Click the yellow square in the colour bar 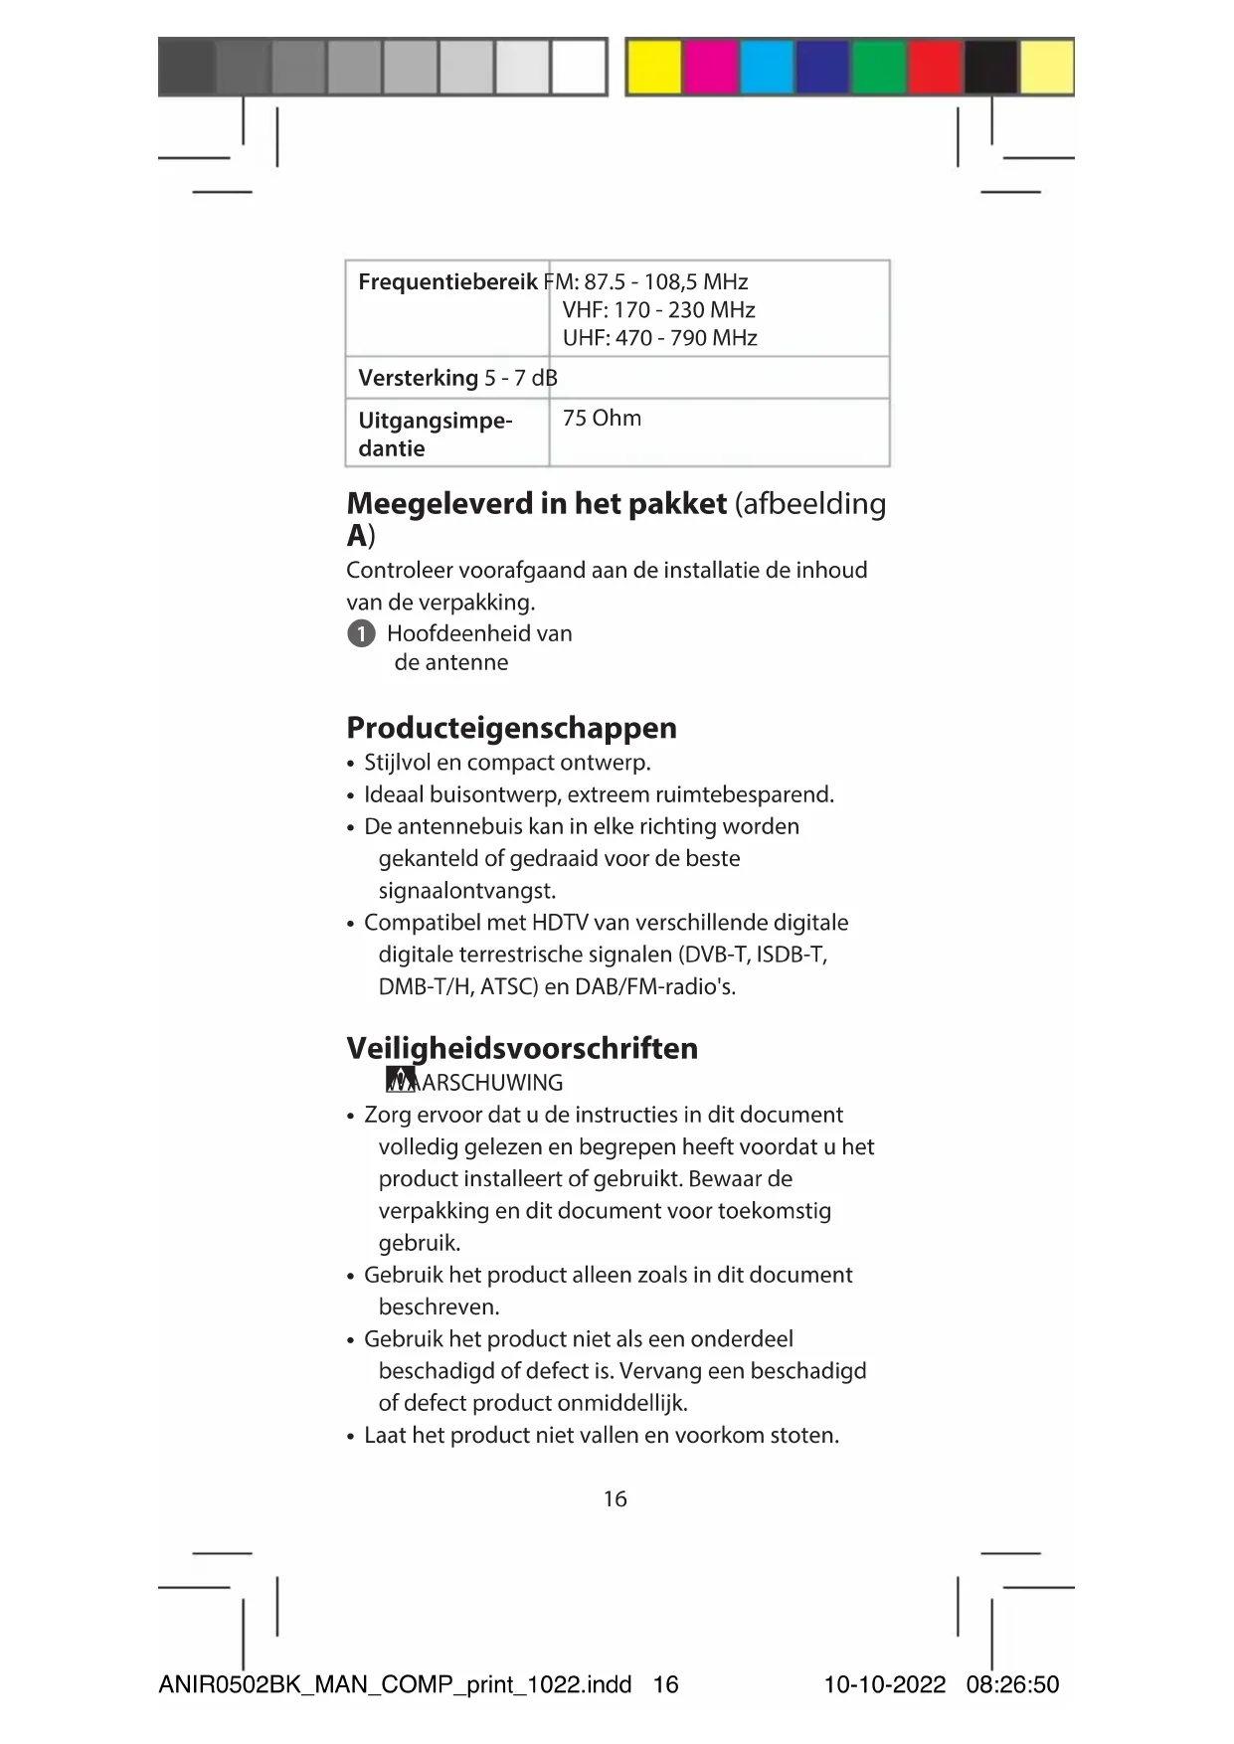point(653,68)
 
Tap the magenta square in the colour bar point(710,68)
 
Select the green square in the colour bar point(878,68)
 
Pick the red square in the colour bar point(934,68)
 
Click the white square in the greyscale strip point(578,68)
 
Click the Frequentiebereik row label point(447,282)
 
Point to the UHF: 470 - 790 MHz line point(659,338)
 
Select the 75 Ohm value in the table point(602,419)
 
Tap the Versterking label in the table point(418,379)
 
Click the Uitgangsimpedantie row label point(435,435)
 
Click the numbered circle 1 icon point(361,633)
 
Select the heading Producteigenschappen point(511,728)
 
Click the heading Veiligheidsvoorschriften point(522,1048)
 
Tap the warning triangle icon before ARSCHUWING point(401,1081)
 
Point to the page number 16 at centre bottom point(615,1498)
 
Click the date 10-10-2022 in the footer point(884,1684)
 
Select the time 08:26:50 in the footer point(1012,1684)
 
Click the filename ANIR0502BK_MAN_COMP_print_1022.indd point(395,1684)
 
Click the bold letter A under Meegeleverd point(357,536)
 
